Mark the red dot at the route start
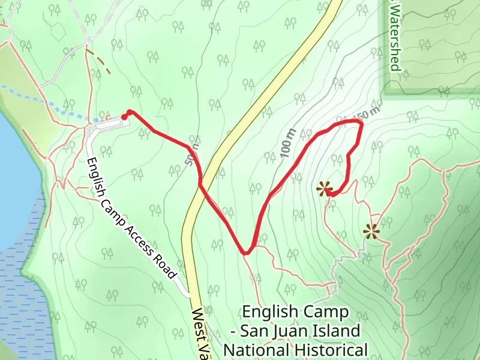coord(124,117)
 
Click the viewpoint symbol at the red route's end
coord(325,190)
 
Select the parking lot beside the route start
coord(108,125)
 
